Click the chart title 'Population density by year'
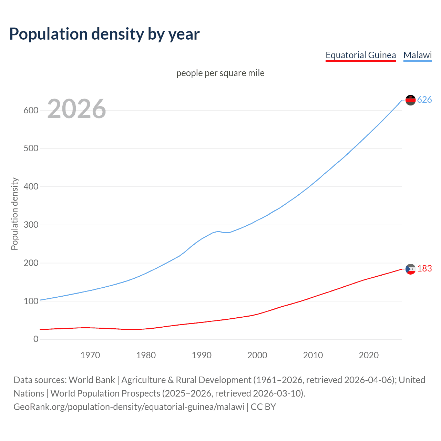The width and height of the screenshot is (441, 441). tap(104, 34)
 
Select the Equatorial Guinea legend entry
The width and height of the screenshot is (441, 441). tap(361, 55)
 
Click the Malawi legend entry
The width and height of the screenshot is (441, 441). tap(418, 55)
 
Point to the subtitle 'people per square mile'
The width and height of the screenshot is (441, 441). tap(220, 73)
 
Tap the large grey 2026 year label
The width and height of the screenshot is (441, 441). tap(76, 109)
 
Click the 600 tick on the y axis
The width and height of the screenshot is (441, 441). tap(31, 110)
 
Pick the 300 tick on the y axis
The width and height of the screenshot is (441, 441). tap(31, 225)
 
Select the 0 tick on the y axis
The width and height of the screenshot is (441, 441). tap(36, 339)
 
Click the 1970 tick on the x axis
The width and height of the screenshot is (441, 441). tap(90, 355)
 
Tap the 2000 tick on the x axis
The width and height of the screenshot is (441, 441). tap(257, 355)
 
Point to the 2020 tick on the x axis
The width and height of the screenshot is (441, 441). tap(369, 355)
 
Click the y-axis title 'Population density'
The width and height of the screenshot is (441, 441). tap(14, 214)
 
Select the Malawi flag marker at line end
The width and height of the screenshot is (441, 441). tap(410, 100)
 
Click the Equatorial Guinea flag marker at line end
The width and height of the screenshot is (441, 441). tap(410, 269)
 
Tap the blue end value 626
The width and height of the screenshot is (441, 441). tap(424, 100)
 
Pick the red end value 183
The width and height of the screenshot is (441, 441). tap(424, 268)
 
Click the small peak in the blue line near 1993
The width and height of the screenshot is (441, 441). tap(218, 231)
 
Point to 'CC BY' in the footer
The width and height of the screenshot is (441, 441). tap(263, 407)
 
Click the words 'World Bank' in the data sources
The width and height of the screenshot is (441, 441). tap(92, 380)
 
